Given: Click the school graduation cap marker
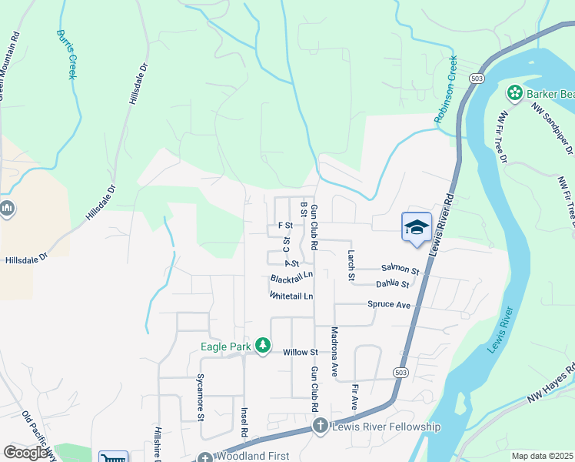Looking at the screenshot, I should pos(417,227).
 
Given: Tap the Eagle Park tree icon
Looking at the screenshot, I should pos(263,346).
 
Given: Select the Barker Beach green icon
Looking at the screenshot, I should pos(514,94).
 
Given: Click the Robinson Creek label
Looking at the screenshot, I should pos(446,89).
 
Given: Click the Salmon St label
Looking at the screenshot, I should pos(400,271).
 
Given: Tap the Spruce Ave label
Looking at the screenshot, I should pos(389,305).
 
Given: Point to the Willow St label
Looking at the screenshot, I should pos(300,352).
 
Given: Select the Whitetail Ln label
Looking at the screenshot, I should pos(291,296).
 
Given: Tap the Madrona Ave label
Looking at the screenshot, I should pos(334,351).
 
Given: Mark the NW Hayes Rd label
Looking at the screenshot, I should pos(550,382).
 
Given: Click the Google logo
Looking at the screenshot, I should pos(26,453).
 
